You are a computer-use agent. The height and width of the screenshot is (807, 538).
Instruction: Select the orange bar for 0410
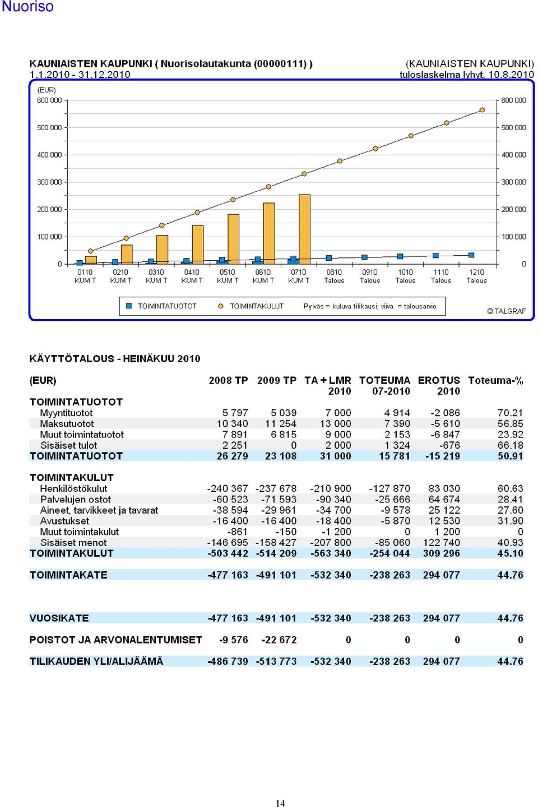tap(198, 245)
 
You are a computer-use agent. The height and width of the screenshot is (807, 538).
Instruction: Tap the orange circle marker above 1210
tap(482, 110)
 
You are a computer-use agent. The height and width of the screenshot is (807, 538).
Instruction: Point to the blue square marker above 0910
tap(364, 257)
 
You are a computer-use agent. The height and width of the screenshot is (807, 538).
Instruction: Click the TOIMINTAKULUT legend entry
tap(251, 306)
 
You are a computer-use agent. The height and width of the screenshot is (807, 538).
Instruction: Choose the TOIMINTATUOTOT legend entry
tap(161, 306)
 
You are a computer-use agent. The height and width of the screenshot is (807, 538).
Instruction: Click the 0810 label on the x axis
tap(334, 272)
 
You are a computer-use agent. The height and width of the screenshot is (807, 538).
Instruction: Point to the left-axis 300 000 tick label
tap(49, 182)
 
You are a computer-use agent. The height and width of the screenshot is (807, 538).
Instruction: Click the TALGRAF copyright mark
tap(506, 311)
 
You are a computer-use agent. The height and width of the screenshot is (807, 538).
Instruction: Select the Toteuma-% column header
tap(495, 380)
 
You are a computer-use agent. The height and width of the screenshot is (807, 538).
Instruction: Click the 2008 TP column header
tap(228, 380)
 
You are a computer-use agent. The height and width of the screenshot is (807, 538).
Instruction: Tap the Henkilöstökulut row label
tap(73, 488)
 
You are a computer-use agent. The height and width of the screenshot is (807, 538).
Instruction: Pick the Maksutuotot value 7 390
tap(397, 423)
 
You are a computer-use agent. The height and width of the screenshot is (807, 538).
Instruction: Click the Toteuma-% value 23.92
tap(511, 435)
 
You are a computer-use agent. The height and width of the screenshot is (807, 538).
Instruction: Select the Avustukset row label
tap(64, 521)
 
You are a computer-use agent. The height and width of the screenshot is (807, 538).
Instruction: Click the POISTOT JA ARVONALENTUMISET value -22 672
tap(279, 640)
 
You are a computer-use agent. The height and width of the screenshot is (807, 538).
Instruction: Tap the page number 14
tap(280, 803)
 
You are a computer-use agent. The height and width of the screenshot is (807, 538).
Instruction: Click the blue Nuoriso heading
tap(27, 7)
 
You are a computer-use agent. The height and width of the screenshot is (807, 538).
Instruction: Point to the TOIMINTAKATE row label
tap(68, 575)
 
